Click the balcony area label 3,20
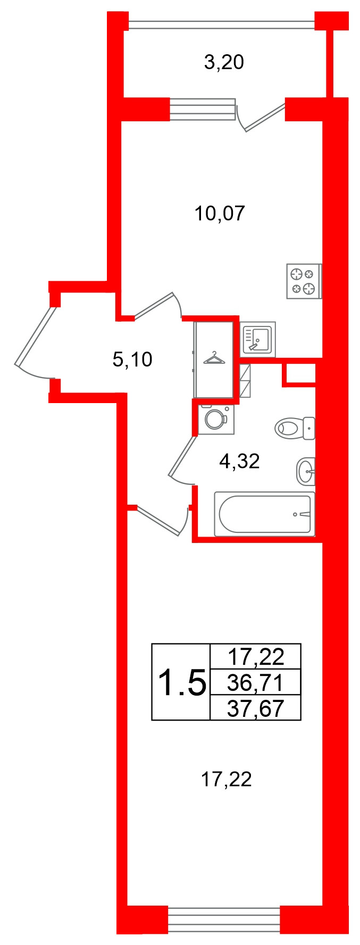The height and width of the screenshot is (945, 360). point(224,63)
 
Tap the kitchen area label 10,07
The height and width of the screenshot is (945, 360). point(220,214)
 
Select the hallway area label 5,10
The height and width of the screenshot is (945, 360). point(132,360)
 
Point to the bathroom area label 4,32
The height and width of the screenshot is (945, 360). point(239,461)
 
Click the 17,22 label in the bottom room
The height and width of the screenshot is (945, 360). point(226,780)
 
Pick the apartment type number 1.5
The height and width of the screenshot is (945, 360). point(182,682)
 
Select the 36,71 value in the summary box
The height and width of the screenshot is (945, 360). point(256,682)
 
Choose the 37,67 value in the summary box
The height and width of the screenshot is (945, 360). point(256,708)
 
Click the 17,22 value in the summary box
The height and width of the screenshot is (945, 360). point(256,657)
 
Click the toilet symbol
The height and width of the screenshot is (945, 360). point(295,428)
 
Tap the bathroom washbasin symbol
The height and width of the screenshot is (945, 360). point(306,471)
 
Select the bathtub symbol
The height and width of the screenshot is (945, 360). point(264,514)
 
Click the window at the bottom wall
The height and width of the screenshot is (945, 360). point(224,919)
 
